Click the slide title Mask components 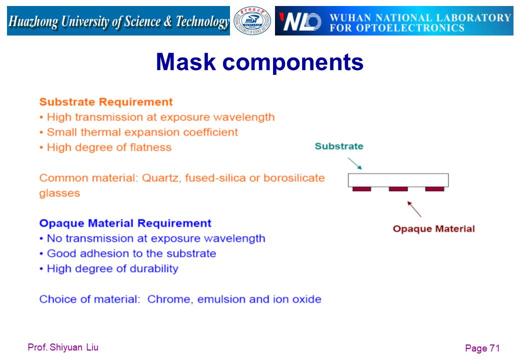259,62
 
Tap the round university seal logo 252,21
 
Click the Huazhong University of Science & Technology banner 118,21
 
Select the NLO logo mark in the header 300,21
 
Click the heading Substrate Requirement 106,102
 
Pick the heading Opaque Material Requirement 125,223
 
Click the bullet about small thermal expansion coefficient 138,132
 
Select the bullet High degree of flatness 105,147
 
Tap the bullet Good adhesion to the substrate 127,253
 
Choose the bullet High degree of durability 109,268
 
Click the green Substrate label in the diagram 339,146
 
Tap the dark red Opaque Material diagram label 434,228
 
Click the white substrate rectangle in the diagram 398,180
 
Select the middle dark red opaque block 398,189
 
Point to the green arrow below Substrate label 355,163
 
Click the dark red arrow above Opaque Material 414,209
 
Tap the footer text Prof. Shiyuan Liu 63,347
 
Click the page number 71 494,348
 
